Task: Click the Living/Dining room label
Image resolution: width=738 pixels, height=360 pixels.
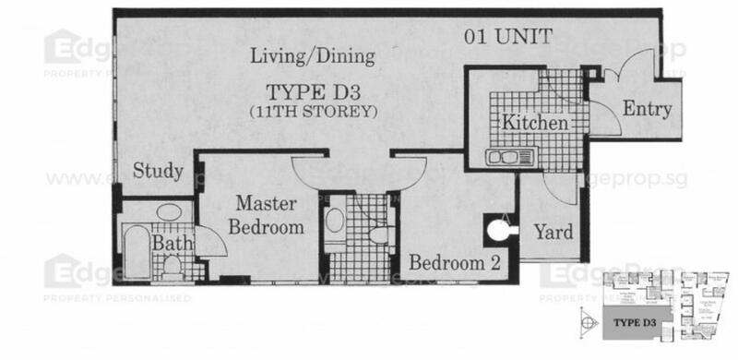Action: (x=314, y=56)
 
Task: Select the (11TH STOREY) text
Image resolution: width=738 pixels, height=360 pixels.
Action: (x=313, y=112)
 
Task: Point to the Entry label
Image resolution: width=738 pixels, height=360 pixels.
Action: (x=647, y=109)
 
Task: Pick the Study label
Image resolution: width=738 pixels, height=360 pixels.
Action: (x=157, y=171)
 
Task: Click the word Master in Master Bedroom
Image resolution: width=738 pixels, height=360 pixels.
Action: (x=263, y=202)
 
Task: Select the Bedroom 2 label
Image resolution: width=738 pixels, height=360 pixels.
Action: (x=455, y=263)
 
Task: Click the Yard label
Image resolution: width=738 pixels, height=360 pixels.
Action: (x=553, y=231)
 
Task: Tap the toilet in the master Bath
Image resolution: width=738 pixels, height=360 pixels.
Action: (x=172, y=266)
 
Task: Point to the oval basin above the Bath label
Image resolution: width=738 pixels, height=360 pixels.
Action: (x=169, y=213)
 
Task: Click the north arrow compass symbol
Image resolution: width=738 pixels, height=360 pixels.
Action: (x=589, y=320)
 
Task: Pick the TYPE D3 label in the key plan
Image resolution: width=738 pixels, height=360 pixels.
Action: (x=637, y=321)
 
